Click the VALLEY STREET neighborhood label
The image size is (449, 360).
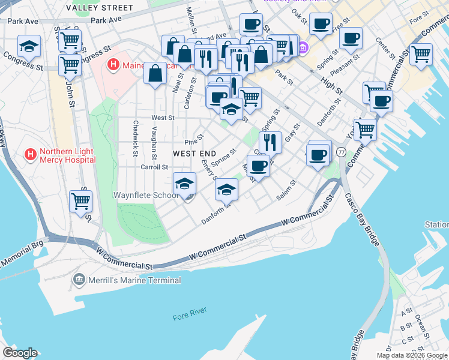[100, 8]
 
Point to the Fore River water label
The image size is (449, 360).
[189, 310]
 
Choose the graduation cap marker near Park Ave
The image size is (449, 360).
[28, 45]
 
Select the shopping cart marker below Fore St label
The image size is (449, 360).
[421, 53]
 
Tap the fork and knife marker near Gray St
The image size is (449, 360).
[270, 142]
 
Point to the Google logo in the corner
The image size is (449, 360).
[19, 353]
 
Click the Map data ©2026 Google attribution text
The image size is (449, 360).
[412, 355]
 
